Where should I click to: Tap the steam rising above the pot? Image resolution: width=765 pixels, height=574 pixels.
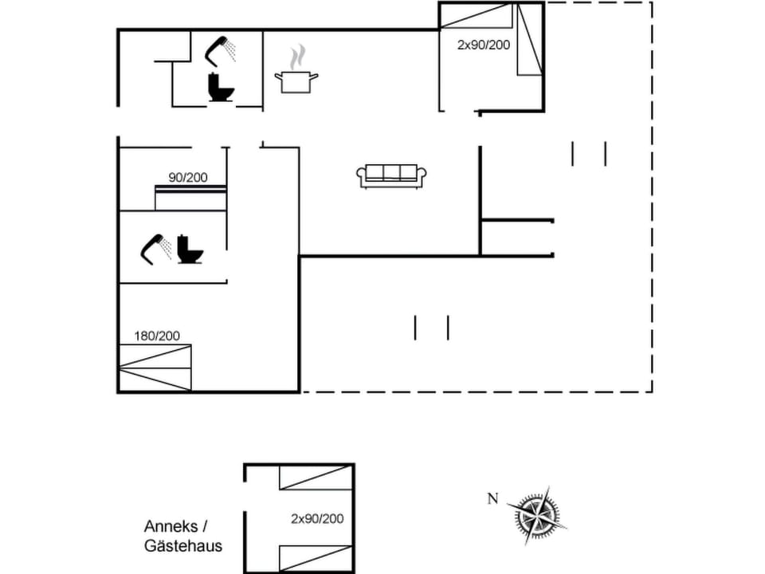point(297,57)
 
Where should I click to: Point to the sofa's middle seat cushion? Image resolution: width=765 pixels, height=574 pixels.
point(390,172)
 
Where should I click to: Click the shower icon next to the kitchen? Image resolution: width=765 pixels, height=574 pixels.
point(222,50)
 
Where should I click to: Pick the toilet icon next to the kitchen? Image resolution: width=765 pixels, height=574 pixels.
point(220,88)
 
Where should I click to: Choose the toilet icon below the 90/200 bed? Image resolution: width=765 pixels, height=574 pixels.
point(190,250)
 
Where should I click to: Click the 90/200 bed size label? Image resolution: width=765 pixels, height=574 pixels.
point(187,177)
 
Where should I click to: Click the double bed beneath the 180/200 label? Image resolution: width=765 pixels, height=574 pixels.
point(155,368)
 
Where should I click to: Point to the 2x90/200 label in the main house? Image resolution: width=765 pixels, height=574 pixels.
point(483,45)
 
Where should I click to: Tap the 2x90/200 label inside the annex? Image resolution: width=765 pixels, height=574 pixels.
point(317,518)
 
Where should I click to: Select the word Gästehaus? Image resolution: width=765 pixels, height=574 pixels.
point(183,546)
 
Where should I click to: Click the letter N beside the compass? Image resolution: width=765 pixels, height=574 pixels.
point(492,500)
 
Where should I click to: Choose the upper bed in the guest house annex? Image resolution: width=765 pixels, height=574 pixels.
point(316,477)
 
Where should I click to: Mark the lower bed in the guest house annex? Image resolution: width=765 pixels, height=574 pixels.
point(316,558)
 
